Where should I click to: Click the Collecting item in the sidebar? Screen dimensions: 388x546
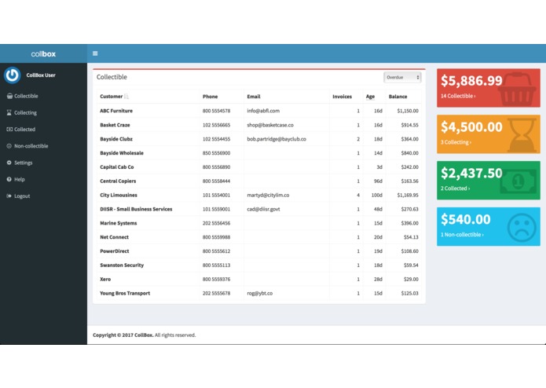click(x=25, y=112)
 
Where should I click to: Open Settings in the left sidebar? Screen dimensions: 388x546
click(x=24, y=163)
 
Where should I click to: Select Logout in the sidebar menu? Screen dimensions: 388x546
click(x=22, y=196)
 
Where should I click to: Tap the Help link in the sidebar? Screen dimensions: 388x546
click(x=20, y=179)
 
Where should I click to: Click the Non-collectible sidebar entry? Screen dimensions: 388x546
click(x=31, y=146)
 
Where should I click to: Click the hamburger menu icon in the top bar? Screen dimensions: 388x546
click(x=95, y=53)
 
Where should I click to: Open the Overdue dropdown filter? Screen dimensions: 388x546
click(x=402, y=77)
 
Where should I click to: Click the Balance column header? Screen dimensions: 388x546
click(x=398, y=97)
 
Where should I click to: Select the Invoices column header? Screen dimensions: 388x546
click(x=342, y=97)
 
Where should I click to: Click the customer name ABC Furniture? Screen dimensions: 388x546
click(x=116, y=111)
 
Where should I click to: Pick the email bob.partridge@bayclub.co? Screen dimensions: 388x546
click(x=276, y=139)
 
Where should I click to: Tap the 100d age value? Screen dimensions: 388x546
click(x=376, y=195)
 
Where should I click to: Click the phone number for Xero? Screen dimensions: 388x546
click(x=216, y=279)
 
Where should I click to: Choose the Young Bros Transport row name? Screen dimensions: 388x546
click(x=125, y=293)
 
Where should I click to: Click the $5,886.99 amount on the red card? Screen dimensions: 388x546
click(x=471, y=80)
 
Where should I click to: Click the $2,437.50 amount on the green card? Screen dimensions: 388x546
click(x=471, y=173)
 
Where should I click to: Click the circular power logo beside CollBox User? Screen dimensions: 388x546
click(x=12, y=75)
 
